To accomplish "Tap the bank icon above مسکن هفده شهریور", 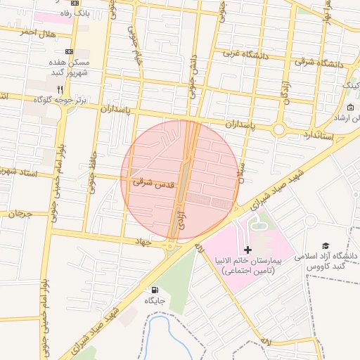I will click(69, 52).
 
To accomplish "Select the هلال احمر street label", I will click(37, 33).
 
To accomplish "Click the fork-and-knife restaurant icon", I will click(60, 89).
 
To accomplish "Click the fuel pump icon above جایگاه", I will click(154, 290).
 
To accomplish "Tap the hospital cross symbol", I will click(247, 250).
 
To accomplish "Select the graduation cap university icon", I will click(326, 245).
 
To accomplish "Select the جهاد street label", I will click(145, 241).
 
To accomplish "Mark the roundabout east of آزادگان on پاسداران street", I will click(278, 129).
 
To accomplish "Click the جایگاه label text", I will click(155, 300).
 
